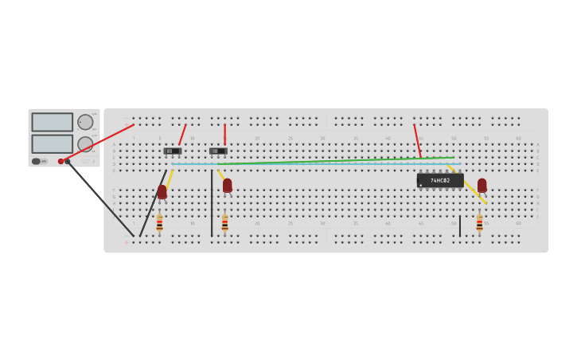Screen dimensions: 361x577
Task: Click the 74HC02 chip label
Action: coord(440,180)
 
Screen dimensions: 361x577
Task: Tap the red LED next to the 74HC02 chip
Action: coord(481,185)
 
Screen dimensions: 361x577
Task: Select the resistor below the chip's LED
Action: coord(479,222)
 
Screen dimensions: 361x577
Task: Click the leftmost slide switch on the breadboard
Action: coord(172,151)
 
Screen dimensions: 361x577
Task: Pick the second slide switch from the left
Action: coord(218,151)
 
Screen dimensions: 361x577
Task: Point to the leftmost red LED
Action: coord(162,191)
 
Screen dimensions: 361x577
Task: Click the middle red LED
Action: coord(227,185)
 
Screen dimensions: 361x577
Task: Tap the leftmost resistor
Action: coord(159,222)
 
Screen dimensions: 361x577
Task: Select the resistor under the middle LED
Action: coord(224,222)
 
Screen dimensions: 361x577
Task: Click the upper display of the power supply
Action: coord(52,122)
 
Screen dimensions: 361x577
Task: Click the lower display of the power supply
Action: coord(52,143)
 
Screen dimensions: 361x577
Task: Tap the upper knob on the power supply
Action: coord(84,122)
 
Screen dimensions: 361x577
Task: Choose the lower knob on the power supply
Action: coord(84,144)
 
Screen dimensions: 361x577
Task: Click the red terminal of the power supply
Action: coord(60,161)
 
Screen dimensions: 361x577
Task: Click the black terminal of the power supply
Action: coord(68,161)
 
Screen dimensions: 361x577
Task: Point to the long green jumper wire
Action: coord(334,160)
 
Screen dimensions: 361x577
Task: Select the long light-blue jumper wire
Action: coord(318,164)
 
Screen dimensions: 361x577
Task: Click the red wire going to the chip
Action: coord(417,140)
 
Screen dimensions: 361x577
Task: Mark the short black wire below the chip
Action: coord(459,226)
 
